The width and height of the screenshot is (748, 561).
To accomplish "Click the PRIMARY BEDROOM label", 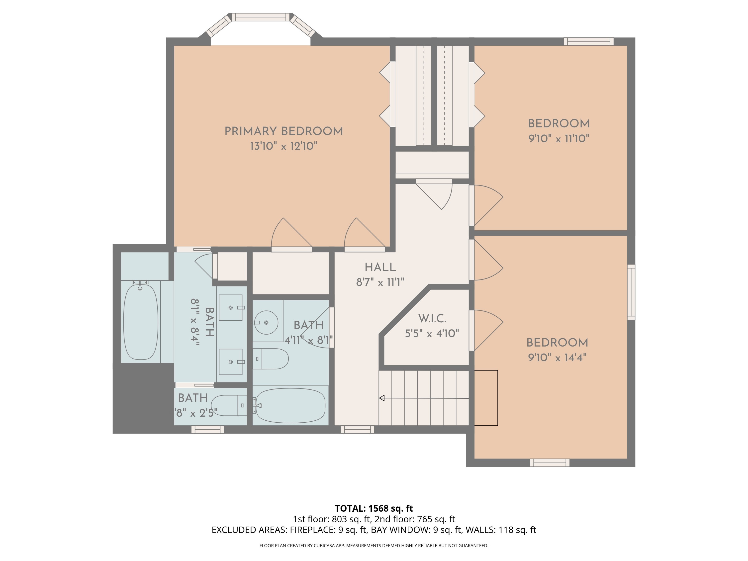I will point(283,131).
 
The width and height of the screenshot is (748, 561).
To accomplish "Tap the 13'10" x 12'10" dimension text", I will point(283,146).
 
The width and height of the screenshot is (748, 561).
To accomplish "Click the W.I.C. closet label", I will point(432,319).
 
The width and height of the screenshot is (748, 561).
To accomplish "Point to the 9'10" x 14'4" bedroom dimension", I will point(557,358).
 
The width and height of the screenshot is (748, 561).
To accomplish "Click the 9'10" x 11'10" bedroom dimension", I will point(559,139).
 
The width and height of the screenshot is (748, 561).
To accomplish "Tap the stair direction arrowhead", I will point(382,398).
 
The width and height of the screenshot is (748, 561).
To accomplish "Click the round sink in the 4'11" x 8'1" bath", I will point(266,323).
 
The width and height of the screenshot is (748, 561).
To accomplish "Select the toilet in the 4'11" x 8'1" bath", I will point(271,359).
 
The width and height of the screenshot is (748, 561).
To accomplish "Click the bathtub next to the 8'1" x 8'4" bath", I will point(141,322).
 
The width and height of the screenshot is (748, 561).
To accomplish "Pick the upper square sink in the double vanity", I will point(231,307).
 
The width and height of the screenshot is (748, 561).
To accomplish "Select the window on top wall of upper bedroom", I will point(588,42).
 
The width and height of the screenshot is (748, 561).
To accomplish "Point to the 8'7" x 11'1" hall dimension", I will point(380,282).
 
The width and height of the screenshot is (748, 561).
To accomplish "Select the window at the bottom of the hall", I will point(358,429).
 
